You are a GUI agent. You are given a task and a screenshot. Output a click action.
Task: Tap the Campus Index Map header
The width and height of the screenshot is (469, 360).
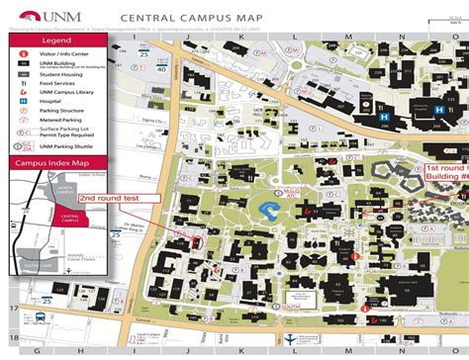[x=53, y=162]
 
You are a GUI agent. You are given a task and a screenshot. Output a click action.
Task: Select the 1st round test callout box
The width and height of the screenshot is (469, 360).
[x=445, y=171]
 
